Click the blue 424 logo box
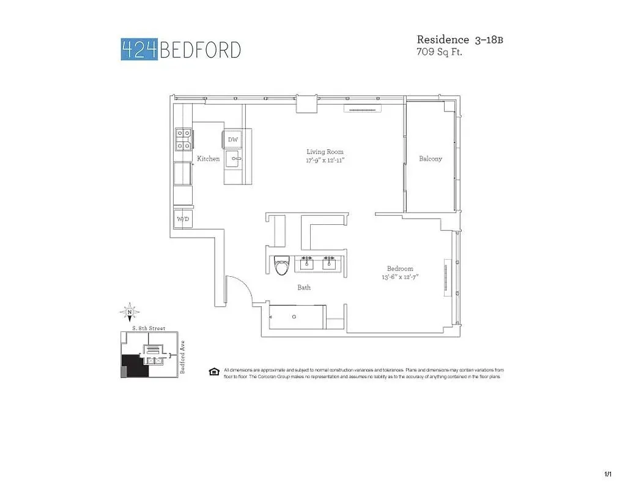pyautogui.click(x=139, y=49)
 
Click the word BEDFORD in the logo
pyautogui.click(x=200, y=50)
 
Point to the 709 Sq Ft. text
pyautogui.click(x=439, y=53)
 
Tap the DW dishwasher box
pyautogui.click(x=232, y=140)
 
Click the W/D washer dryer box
pyautogui.click(x=182, y=219)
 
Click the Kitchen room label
pyautogui.click(x=208, y=159)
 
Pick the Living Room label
pyautogui.click(x=325, y=152)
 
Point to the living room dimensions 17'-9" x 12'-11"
pyautogui.click(x=325, y=160)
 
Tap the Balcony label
pyautogui.click(x=430, y=159)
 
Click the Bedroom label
pyautogui.click(x=400, y=268)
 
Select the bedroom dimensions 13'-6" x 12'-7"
pyautogui.click(x=400, y=277)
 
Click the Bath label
pyautogui.click(x=304, y=287)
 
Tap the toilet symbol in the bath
pyautogui.click(x=282, y=265)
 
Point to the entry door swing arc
pyautogui.click(x=239, y=288)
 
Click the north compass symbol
pyautogui.click(x=130, y=312)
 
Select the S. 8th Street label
pyautogui.click(x=149, y=329)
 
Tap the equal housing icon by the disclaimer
pyautogui.click(x=214, y=371)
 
